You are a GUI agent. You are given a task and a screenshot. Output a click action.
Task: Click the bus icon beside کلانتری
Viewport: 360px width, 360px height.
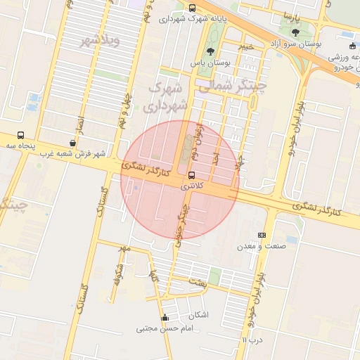[x=192, y=175]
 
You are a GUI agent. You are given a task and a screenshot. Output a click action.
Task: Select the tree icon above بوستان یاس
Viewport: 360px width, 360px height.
[x=211, y=51]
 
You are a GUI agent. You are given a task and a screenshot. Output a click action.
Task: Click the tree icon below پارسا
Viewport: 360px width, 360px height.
[x=295, y=32]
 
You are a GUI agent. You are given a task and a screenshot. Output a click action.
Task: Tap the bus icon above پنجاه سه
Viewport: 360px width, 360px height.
[x=20, y=134]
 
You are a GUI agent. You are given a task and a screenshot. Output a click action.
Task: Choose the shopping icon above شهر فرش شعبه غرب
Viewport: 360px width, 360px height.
[x=73, y=143]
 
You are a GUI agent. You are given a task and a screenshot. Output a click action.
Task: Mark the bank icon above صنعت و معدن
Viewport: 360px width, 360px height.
[x=262, y=235]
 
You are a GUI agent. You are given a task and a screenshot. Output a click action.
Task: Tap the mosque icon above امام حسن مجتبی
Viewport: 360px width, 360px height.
[x=165, y=317]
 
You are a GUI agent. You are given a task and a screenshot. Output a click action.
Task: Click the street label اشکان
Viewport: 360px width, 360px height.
[x=200, y=315]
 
